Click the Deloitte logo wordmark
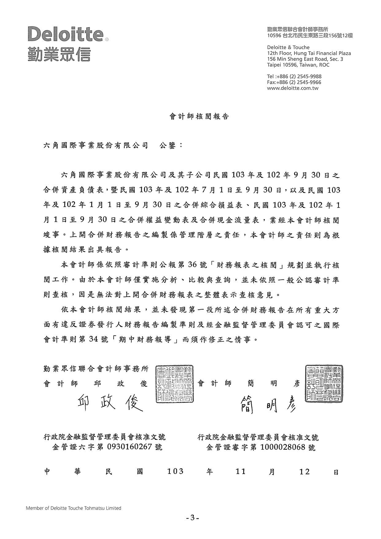point(65,34)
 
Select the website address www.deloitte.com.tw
point(293,88)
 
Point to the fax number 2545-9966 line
point(294,82)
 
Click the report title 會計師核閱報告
point(199,117)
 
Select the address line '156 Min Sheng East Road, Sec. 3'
point(305,59)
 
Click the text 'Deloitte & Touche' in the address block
point(288,47)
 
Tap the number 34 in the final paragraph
point(94,339)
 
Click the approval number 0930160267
point(130,447)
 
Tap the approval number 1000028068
point(283,447)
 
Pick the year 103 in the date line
point(175,471)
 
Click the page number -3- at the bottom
point(192,518)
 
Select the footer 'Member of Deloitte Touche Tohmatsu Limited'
point(73,508)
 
